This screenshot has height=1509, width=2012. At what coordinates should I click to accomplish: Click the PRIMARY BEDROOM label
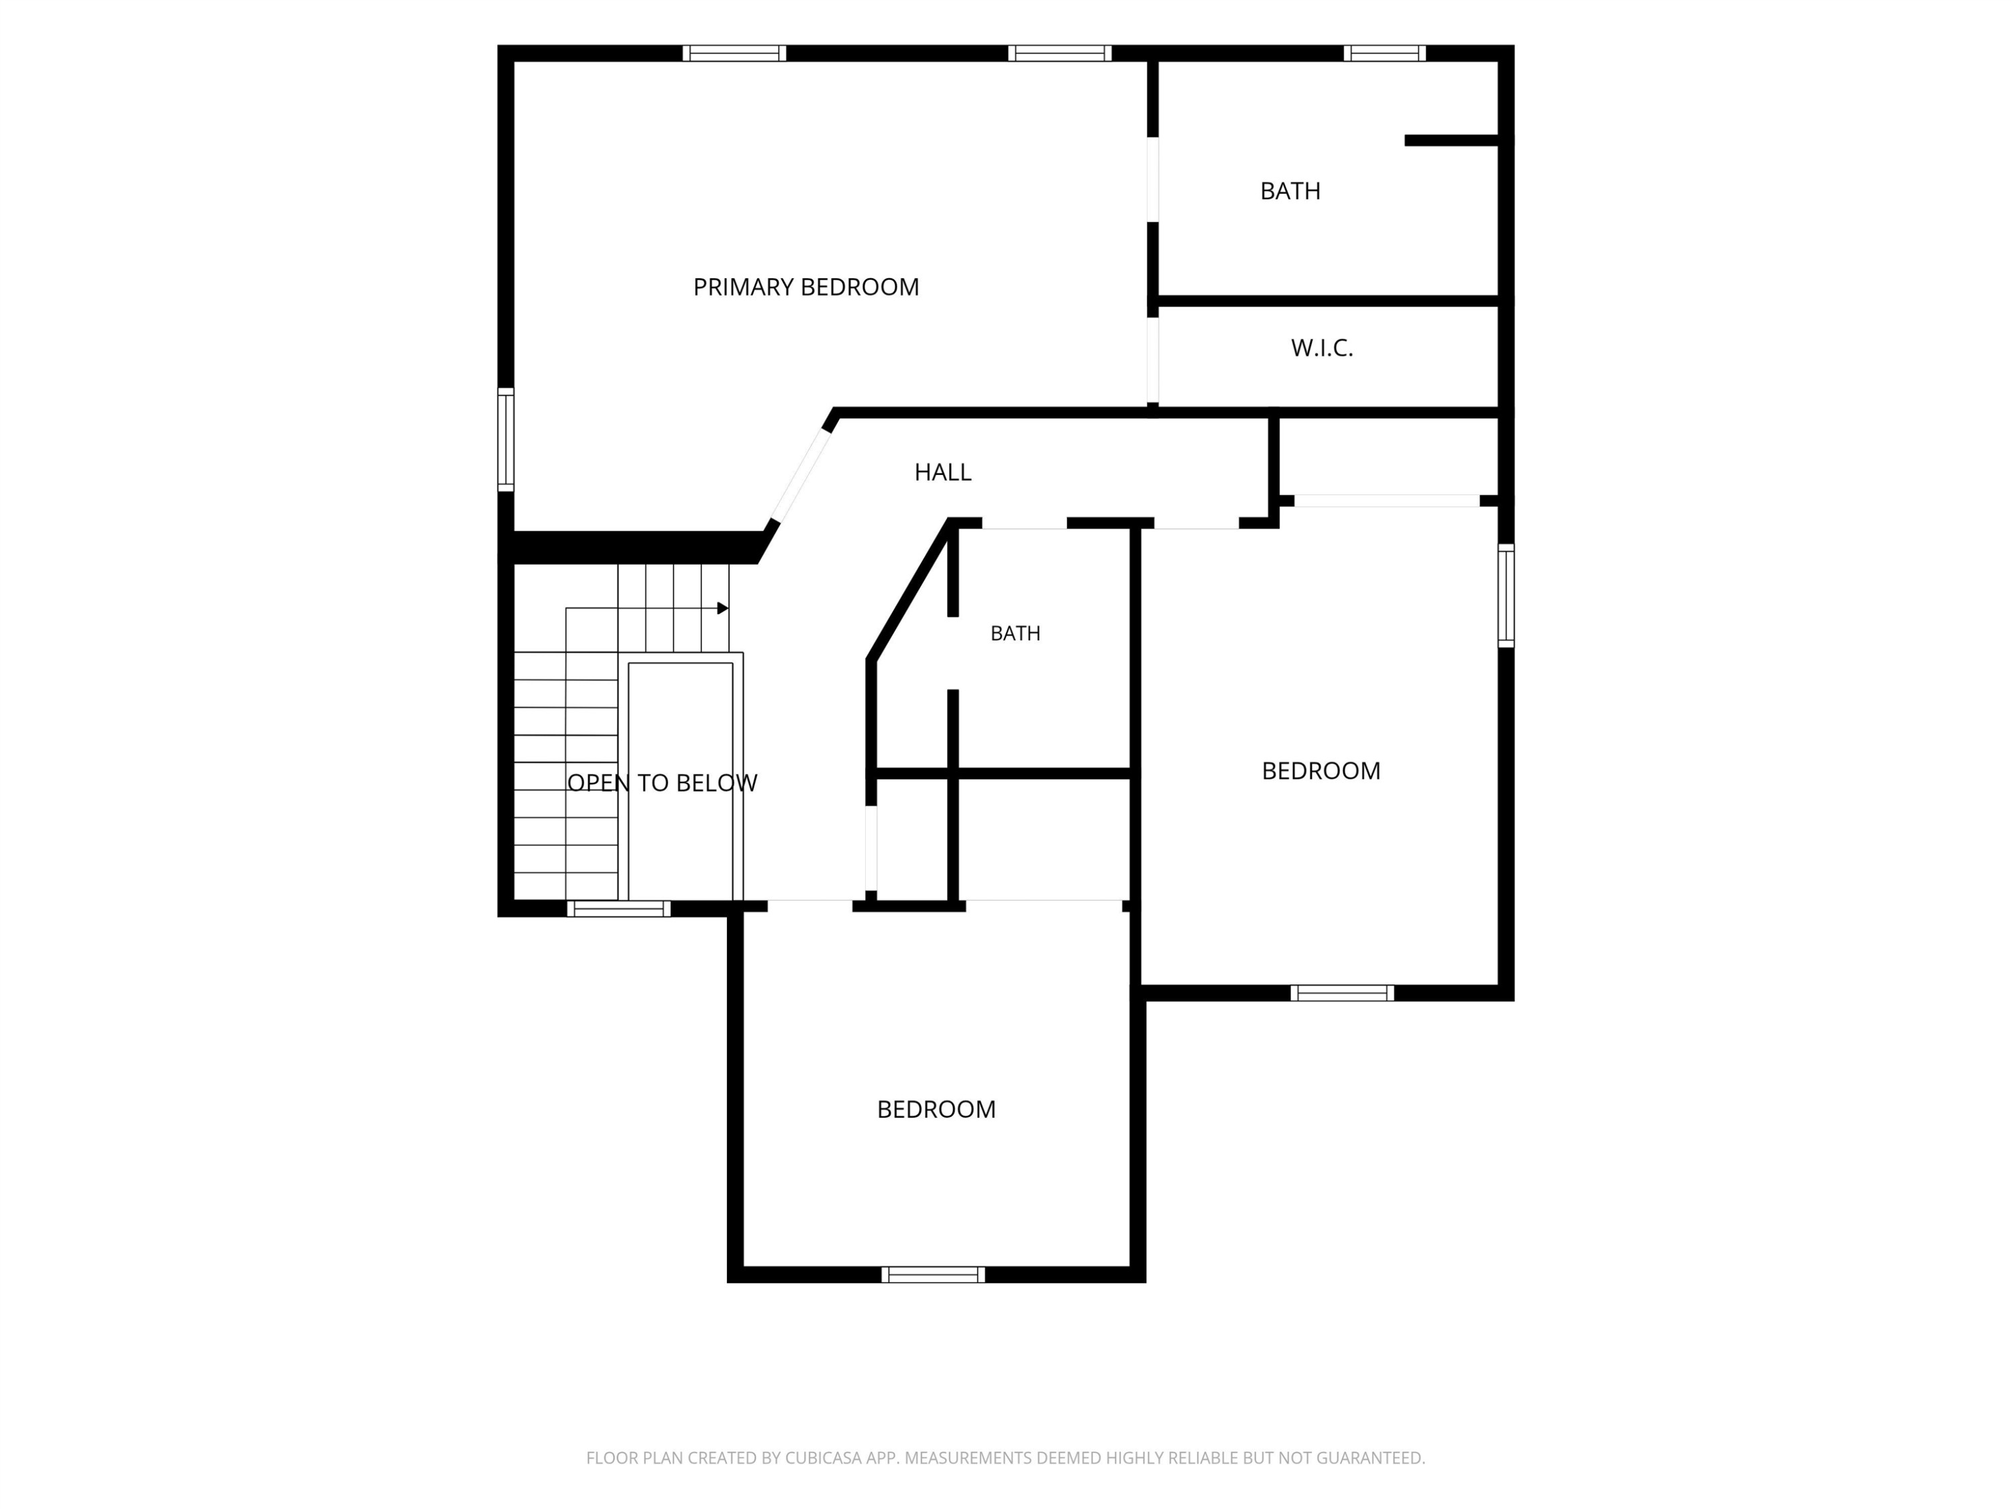(806, 288)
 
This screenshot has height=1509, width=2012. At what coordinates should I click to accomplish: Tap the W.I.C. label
(1322, 347)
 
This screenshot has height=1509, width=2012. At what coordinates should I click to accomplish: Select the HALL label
(942, 472)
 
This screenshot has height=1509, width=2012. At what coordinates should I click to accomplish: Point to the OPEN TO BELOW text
(662, 783)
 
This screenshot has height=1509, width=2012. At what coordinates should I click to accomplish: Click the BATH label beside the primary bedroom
(1290, 191)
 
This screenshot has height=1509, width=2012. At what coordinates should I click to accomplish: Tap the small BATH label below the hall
(1015, 633)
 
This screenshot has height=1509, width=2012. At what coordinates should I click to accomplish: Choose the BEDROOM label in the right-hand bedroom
(1321, 771)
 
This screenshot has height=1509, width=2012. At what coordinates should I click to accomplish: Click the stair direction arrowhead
(723, 608)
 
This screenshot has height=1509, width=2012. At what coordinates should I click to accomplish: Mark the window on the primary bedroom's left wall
(506, 439)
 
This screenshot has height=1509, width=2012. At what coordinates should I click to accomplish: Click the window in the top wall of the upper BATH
(1384, 53)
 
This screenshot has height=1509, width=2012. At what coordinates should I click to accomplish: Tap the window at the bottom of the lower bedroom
(934, 1274)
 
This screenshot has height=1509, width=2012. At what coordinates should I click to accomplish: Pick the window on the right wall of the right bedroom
(1506, 596)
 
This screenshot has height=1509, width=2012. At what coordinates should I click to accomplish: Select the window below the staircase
(618, 908)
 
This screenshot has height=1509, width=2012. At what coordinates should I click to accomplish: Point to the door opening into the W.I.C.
(1152, 359)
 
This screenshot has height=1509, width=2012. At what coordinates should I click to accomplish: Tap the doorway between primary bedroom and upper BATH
(1152, 180)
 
